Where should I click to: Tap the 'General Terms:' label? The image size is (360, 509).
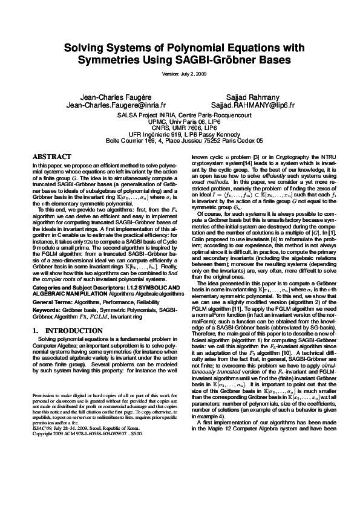pos(51,284)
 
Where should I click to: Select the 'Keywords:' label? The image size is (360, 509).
pos(46,293)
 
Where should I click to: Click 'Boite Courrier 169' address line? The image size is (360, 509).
pos(180,139)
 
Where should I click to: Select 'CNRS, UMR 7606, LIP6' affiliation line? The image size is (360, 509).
pos(180,127)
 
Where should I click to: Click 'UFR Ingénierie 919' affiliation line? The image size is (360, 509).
pos(180,133)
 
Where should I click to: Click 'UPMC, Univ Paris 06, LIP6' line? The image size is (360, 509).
pos(180,121)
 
